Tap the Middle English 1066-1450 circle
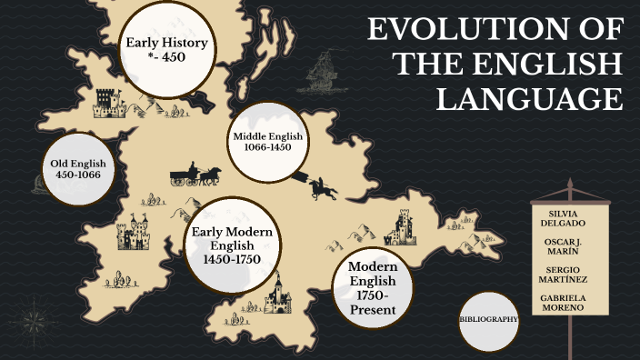[x=266, y=142]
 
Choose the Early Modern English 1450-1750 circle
[x=233, y=245]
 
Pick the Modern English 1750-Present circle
[x=374, y=290]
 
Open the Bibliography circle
[x=489, y=320]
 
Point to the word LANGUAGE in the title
[x=530, y=97]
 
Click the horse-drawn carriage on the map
[x=195, y=175]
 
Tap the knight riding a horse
[x=322, y=187]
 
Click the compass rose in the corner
[x=34, y=318]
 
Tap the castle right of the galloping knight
[x=401, y=227]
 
